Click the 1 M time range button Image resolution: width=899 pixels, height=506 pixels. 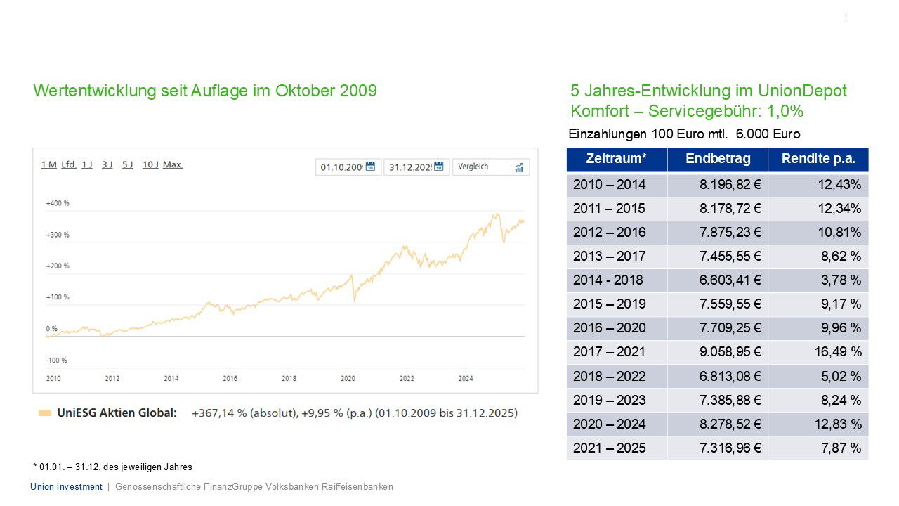(48, 164)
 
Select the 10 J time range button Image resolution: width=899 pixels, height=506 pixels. (150, 164)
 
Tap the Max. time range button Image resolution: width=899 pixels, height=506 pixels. (173, 164)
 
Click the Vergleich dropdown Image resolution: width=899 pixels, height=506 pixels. (490, 167)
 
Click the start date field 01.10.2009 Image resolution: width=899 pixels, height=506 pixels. (342, 167)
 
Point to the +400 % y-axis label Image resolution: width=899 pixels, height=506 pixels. (58, 203)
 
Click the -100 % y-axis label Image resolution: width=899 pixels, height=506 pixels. (56, 361)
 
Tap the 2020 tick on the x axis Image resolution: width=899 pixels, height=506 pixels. (348, 379)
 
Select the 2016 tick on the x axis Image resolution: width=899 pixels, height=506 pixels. (230, 379)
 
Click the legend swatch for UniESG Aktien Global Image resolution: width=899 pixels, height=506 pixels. (44, 413)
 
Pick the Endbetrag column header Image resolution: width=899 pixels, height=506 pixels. (718, 159)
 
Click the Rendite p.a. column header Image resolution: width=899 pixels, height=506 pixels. (818, 159)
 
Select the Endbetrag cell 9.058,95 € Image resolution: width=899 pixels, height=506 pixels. (730, 352)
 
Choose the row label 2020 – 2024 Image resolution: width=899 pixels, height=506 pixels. (610, 424)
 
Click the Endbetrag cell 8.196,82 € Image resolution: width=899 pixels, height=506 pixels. (730, 185)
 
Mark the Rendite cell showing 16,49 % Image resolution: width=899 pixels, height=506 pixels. (838, 352)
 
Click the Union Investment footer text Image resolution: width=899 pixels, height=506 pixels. (66, 486)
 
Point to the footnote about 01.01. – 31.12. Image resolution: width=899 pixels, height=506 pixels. (112, 467)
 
